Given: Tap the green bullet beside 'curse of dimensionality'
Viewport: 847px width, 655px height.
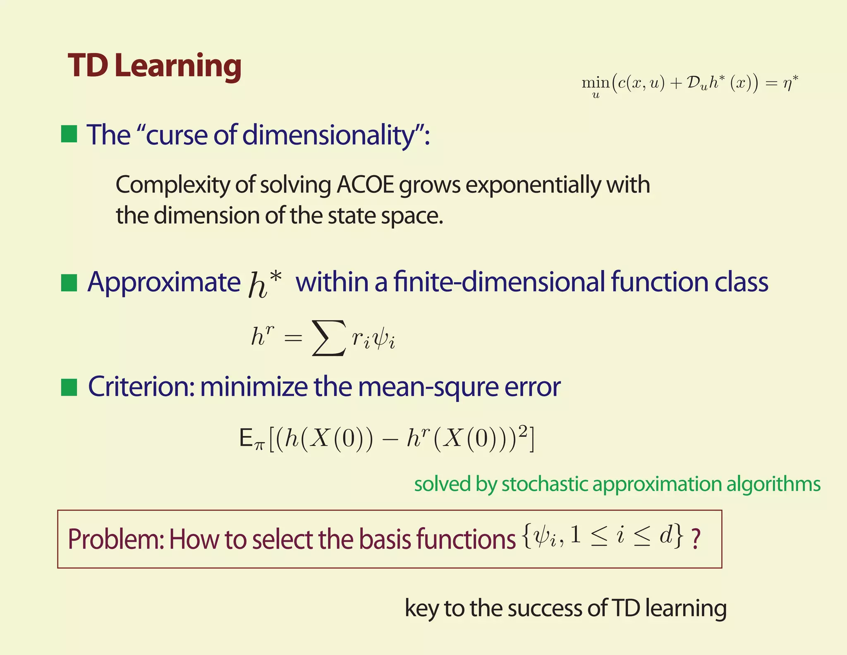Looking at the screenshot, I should coord(69,134).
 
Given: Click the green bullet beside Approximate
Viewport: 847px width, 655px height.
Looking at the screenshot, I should coord(69,283).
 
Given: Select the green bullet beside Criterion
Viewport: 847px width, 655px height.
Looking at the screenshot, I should coord(69,388).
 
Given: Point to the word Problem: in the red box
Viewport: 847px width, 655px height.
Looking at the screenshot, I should coord(116,539).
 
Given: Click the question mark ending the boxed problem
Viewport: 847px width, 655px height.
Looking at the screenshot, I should coord(696,539).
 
